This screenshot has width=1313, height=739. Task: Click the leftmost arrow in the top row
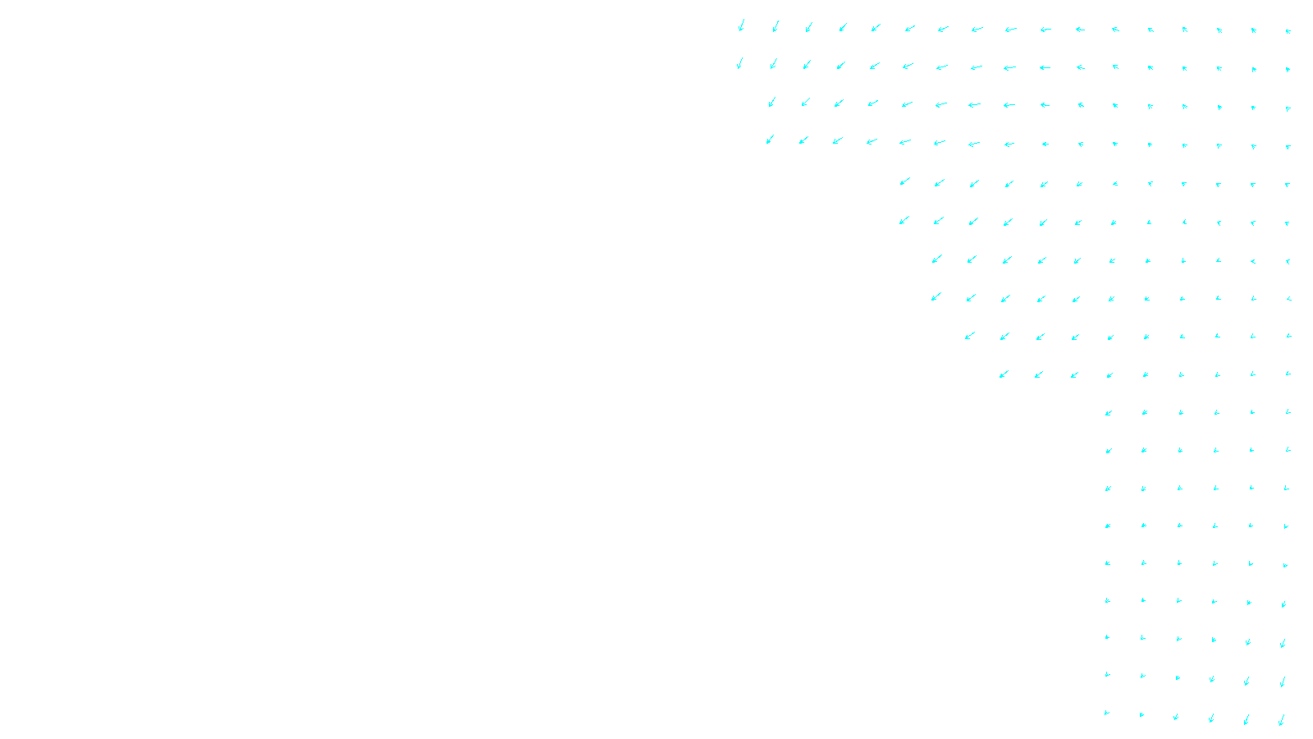tap(741, 25)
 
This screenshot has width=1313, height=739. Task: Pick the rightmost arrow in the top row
tap(1288, 31)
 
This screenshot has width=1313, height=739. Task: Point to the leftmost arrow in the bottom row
tap(1107, 713)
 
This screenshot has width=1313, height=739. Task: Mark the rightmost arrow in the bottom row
tap(1282, 720)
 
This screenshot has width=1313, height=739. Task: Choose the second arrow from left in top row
tap(775, 26)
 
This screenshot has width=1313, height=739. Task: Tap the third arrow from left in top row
tap(809, 27)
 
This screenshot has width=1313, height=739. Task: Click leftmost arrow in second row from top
tap(739, 63)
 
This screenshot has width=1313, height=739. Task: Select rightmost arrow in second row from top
tap(1288, 70)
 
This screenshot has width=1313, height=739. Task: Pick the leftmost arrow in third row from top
tap(772, 102)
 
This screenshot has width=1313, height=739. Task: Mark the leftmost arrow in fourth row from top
tap(770, 140)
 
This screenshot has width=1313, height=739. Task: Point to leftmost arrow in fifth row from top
tap(905, 181)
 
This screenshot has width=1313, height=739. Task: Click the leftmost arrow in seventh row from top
tap(936, 259)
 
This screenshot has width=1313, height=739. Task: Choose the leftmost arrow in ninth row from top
tap(970, 335)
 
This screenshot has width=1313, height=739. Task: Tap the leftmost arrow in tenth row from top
tap(1004, 374)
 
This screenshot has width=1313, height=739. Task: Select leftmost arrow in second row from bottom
tap(1107, 675)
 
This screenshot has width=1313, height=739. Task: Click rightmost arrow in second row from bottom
tap(1283, 682)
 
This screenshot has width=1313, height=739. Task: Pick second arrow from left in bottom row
tap(1141, 714)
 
